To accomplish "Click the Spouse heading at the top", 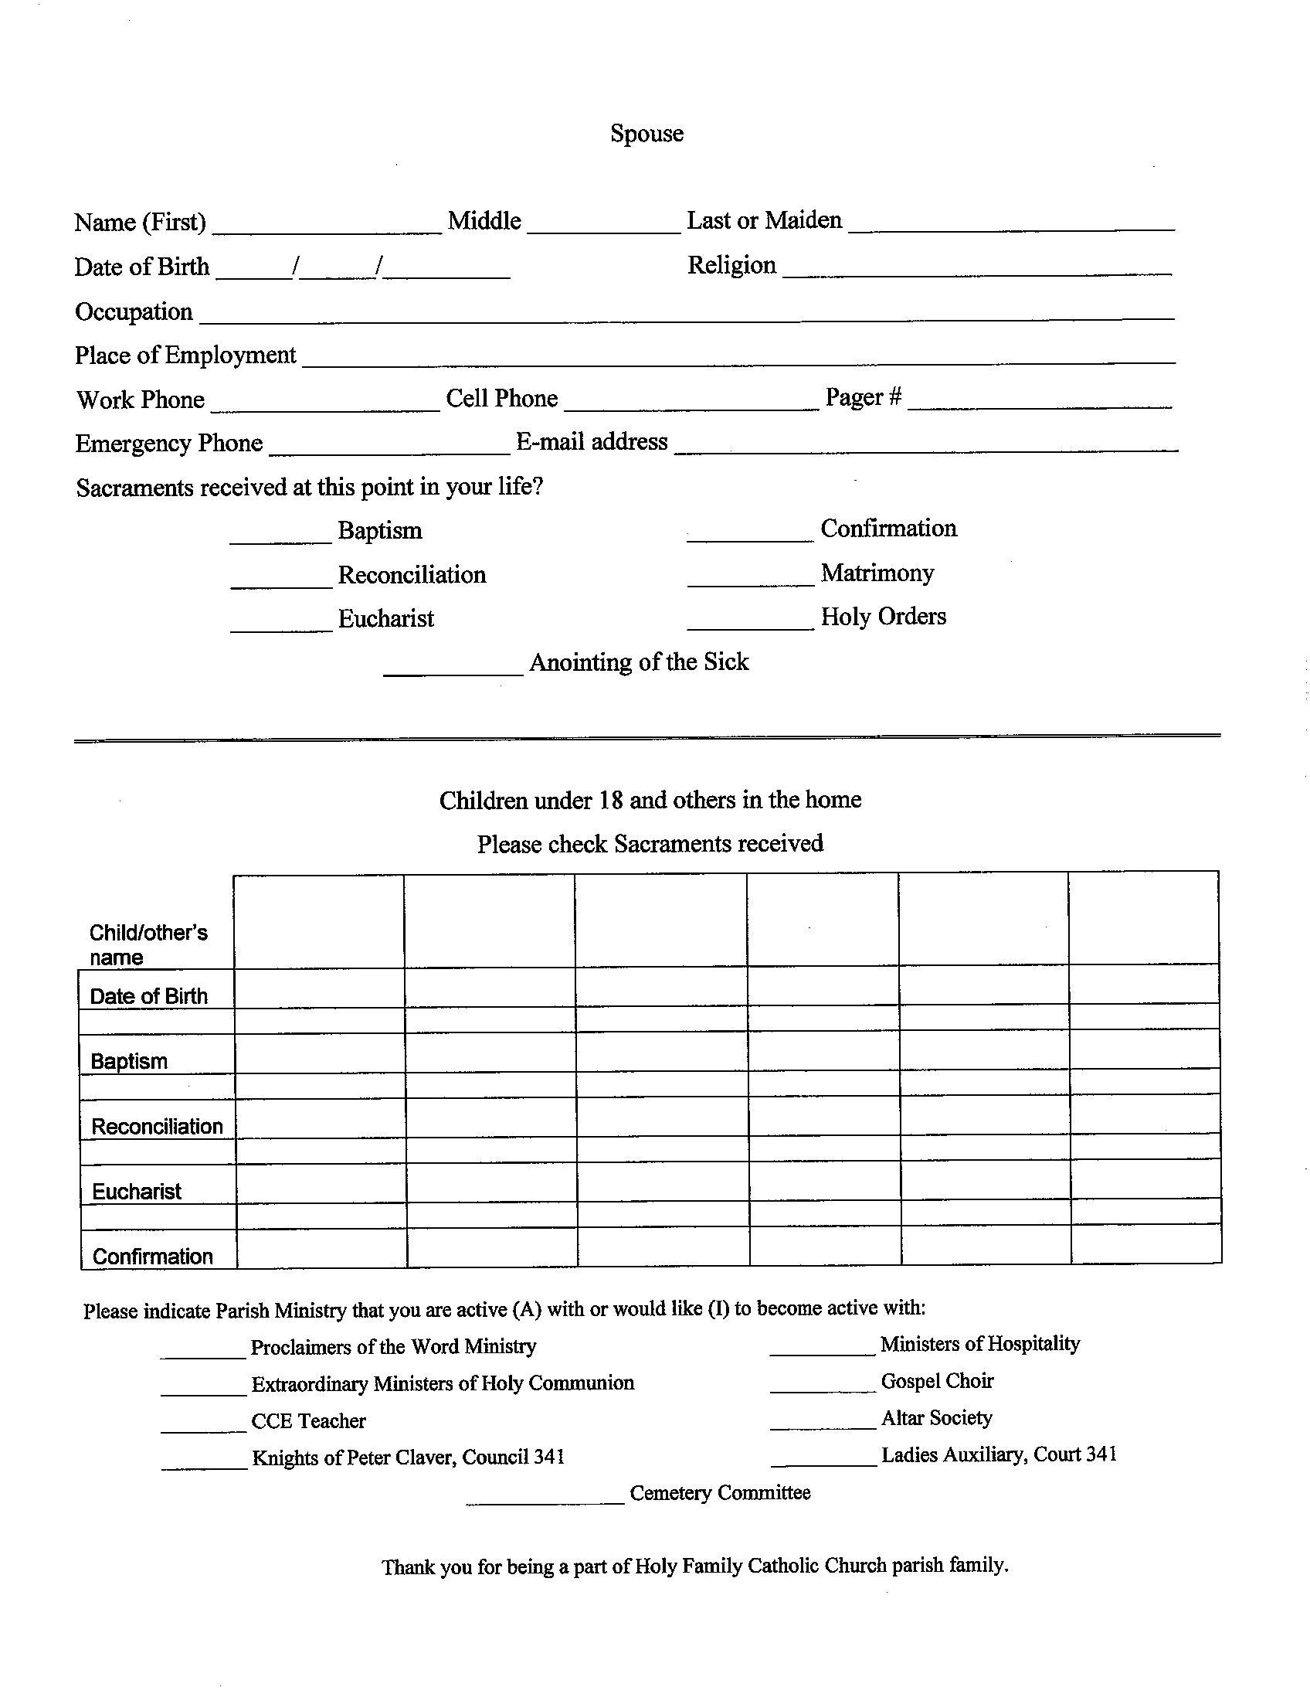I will [x=647, y=134].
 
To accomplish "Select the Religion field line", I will [x=976, y=268].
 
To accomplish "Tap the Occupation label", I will [x=134, y=311].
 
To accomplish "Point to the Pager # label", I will [x=863, y=397].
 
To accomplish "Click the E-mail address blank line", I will [x=925, y=444].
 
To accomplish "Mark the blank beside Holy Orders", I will [x=749, y=623].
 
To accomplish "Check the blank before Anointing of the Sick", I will [x=453, y=668].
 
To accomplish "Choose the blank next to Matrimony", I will [x=749, y=580].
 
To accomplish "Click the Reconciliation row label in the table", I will [x=157, y=1126].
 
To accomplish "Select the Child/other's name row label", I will [x=148, y=944].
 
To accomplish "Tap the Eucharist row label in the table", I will [x=137, y=1192].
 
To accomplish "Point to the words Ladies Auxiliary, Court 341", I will [x=999, y=1454].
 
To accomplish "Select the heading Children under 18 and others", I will [x=650, y=800].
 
